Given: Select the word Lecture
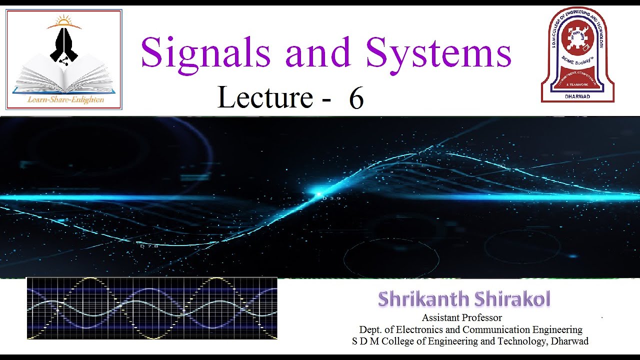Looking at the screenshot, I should (265, 97).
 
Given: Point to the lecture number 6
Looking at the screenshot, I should (356, 98).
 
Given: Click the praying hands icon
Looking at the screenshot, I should (64, 45).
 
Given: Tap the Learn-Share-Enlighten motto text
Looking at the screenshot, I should (65, 99).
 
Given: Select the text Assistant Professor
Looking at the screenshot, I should (461, 317).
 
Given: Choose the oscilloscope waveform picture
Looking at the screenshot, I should (151, 308).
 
